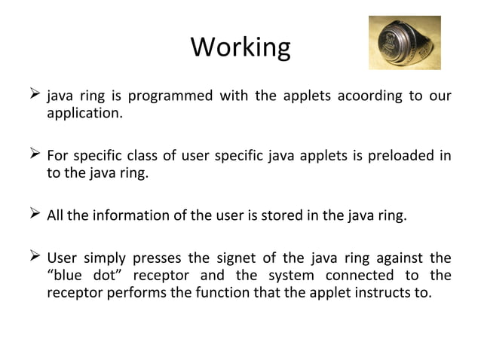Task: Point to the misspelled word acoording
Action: (371, 97)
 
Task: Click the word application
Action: (83, 114)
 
